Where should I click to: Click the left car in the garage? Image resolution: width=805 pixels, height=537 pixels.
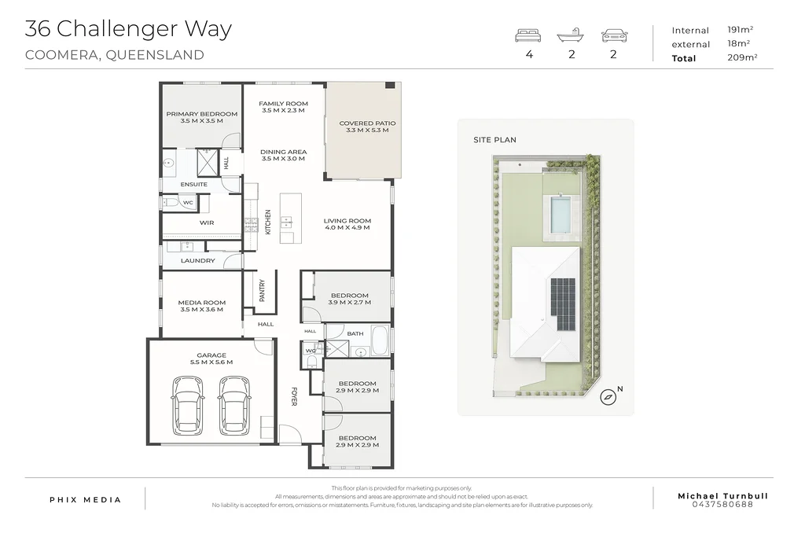(x=187, y=405)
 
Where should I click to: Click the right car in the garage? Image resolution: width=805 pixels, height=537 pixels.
(x=234, y=405)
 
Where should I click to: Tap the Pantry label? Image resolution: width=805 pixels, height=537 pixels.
(x=262, y=290)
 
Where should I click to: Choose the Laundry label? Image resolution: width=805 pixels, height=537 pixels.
(x=197, y=261)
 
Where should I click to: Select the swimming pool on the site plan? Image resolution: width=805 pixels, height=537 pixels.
(x=561, y=214)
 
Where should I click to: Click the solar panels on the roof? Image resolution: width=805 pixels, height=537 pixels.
(x=563, y=304)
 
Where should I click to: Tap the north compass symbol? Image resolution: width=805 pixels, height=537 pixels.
(x=608, y=397)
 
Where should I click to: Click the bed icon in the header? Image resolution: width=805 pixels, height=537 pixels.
(x=528, y=35)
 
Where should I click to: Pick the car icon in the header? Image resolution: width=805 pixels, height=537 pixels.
(x=615, y=35)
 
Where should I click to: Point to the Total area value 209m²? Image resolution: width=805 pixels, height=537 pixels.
(x=742, y=57)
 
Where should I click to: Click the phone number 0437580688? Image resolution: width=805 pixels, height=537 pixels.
(x=723, y=504)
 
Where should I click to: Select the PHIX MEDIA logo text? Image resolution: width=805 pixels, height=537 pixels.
(x=85, y=499)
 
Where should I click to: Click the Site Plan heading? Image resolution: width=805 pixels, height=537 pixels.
(x=495, y=140)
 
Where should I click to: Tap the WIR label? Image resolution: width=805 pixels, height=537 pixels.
(x=207, y=223)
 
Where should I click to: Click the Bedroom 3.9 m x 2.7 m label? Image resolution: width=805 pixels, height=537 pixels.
(x=350, y=299)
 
